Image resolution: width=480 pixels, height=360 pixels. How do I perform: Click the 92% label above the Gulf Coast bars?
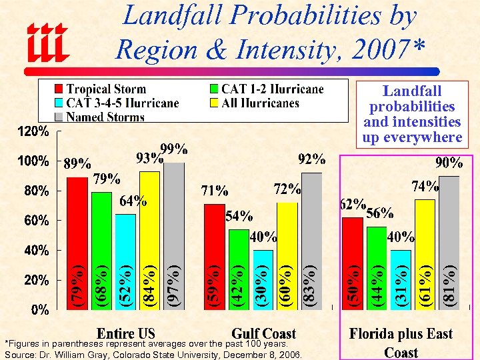311,159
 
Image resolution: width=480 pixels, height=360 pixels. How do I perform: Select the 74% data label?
425,186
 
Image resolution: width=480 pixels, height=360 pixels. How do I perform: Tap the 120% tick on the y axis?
33,132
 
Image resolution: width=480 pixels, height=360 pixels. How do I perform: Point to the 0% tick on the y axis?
39,309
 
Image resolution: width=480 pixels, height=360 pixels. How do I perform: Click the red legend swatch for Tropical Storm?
59,89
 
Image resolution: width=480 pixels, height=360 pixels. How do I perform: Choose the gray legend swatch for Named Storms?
59,117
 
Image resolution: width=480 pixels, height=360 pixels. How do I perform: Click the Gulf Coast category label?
263,333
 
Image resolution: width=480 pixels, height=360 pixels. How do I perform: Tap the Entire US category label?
126,333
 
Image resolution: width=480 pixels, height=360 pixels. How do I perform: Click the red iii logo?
47,43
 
